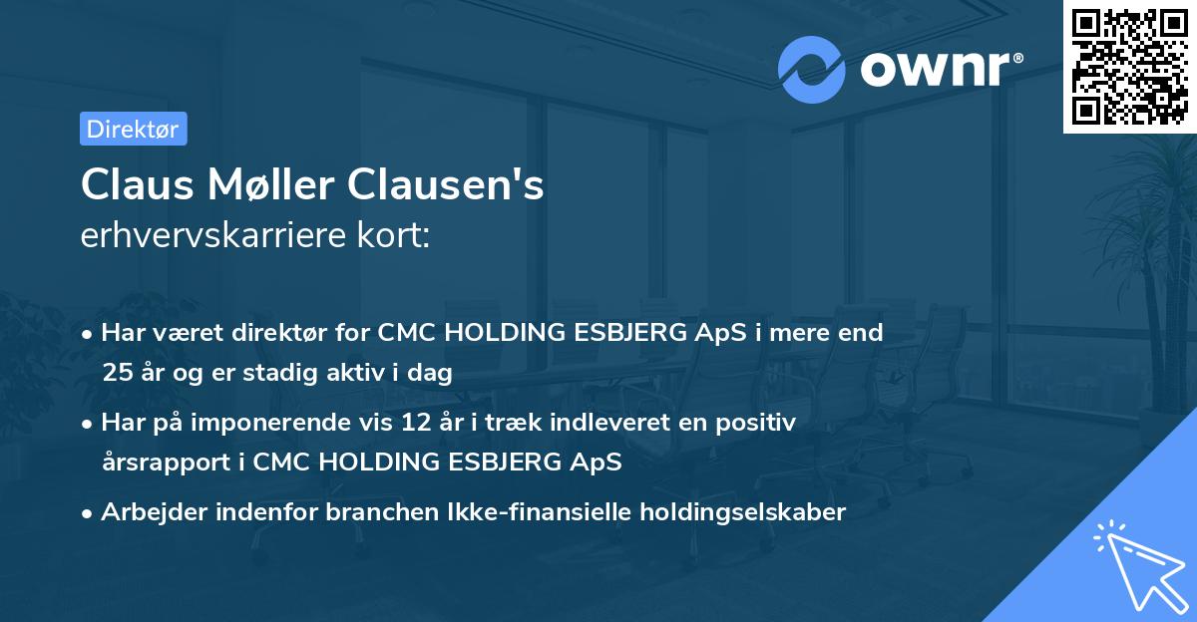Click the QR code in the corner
point(1129,66)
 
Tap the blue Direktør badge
point(133,129)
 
